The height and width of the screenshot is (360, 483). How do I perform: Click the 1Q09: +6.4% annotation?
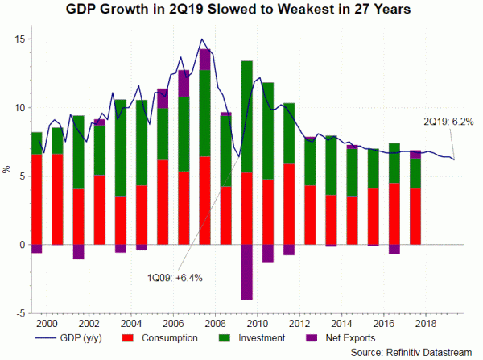[175, 278]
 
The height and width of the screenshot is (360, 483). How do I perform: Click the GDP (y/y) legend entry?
[84, 336]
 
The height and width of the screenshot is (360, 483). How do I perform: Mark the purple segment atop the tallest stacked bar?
[204, 60]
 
